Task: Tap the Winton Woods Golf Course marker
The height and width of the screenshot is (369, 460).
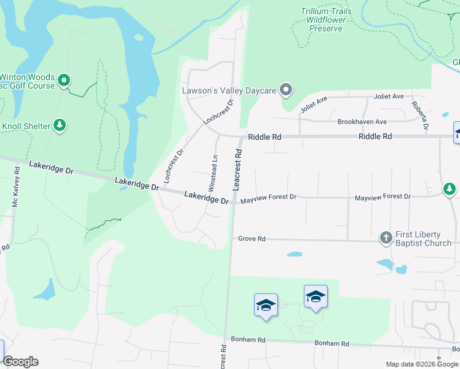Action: pyautogui.click(x=64, y=80)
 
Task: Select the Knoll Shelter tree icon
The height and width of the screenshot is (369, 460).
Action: pyautogui.click(x=60, y=126)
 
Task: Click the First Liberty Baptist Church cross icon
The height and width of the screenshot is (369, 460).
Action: pyautogui.click(x=386, y=237)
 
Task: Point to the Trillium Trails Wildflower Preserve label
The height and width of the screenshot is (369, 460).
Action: pyautogui.click(x=327, y=20)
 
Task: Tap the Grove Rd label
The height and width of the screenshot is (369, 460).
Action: pyautogui.click(x=252, y=239)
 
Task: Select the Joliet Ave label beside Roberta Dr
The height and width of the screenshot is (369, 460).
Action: pyautogui.click(x=389, y=97)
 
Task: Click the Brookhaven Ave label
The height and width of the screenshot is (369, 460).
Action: pyautogui.click(x=362, y=122)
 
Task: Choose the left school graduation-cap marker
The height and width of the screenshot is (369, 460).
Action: pyautogui.click(x=266, y=305)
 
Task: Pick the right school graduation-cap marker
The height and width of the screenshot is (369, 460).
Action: pyautogui.click(x=315, y=296)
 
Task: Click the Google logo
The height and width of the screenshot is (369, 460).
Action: pyautogui.click(x=20, y=362)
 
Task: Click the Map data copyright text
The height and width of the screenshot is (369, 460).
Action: pyautogui.click(x=422, y=364)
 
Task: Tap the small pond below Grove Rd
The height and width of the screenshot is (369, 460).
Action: pyautogui.click(x=294, y=253)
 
